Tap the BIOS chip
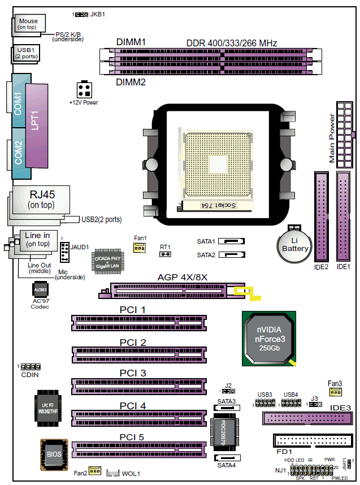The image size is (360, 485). click(54, 453)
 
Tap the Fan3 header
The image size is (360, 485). click(335, 392)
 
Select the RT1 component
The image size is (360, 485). click(165, 254)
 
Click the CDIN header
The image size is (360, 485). click(31, 367)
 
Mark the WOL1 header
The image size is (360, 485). click(114, 471)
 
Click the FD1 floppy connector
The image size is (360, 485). click(311, 441)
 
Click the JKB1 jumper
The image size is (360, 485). click(81, 13)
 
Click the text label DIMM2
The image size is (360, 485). click(131, 82)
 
